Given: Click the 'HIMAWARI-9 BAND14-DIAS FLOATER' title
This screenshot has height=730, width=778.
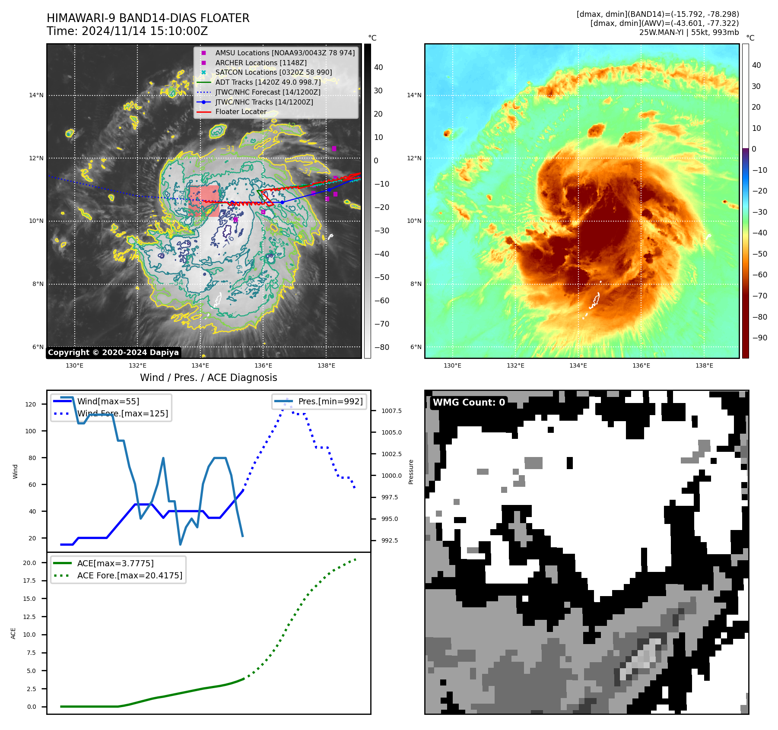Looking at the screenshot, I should coord(148,18).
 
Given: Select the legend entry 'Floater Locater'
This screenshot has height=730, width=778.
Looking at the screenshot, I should coord(241,111).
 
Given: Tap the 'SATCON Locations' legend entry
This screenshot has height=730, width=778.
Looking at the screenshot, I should coord(273,72).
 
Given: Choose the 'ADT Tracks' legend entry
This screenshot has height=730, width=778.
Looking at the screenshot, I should coord(268,82).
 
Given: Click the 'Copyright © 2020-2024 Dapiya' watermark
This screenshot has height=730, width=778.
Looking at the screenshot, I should coord(113,352).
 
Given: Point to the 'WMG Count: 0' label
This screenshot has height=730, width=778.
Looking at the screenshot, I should coord(469,403).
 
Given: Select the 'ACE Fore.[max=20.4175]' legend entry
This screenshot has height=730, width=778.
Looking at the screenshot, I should coord(130,575).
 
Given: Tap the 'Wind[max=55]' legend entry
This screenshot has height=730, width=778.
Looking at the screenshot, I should coord(108,401).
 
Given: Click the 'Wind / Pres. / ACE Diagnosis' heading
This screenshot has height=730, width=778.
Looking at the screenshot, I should coord(208,378).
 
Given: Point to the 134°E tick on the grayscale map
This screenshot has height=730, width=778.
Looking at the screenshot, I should coord(200,365).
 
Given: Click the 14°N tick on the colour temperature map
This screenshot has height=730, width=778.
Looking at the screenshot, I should coord(414,95).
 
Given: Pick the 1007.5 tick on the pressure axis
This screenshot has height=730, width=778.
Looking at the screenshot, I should coord(391,411).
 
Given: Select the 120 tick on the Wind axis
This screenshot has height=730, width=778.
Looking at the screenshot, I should coord(31,404).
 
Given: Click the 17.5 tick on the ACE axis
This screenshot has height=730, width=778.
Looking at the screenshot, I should coord(29,581).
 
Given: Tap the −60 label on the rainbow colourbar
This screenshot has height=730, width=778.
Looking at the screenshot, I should coord(759,275).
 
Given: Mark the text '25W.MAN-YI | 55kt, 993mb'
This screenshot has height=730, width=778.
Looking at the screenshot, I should coord(689,32).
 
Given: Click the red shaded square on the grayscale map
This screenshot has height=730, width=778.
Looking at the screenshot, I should coord(204,201).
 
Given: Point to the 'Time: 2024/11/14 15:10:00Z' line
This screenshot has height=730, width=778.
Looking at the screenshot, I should coord(127,31).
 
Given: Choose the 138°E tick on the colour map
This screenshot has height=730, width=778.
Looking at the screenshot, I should coord(704,365).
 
